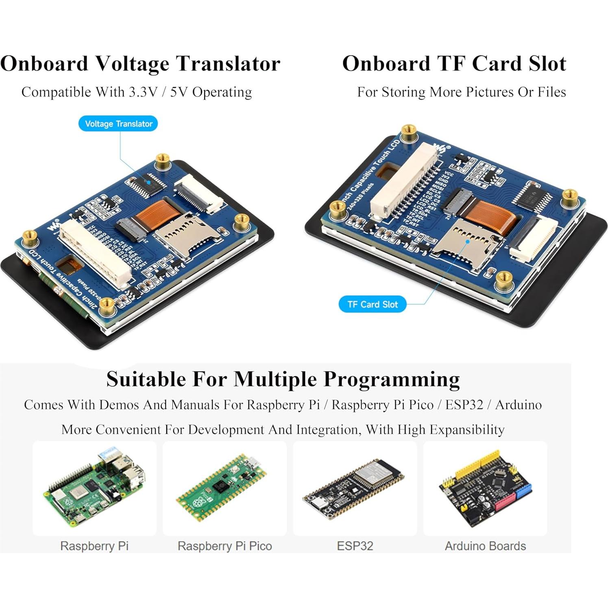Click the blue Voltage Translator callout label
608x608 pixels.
tap(118, 124)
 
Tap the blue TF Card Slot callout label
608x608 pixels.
tap(372, 304)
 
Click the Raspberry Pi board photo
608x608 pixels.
tap(95, 488)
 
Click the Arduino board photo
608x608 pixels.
tap(485, 488)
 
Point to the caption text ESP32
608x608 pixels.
tap(355, 546)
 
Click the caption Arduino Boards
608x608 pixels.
tap(485, 546)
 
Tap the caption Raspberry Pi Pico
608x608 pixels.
tap(224, 546)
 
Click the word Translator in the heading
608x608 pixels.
tap(228, 64)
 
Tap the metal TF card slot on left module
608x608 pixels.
tap(185, 236)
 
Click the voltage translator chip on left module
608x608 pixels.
tap(147, 184)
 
